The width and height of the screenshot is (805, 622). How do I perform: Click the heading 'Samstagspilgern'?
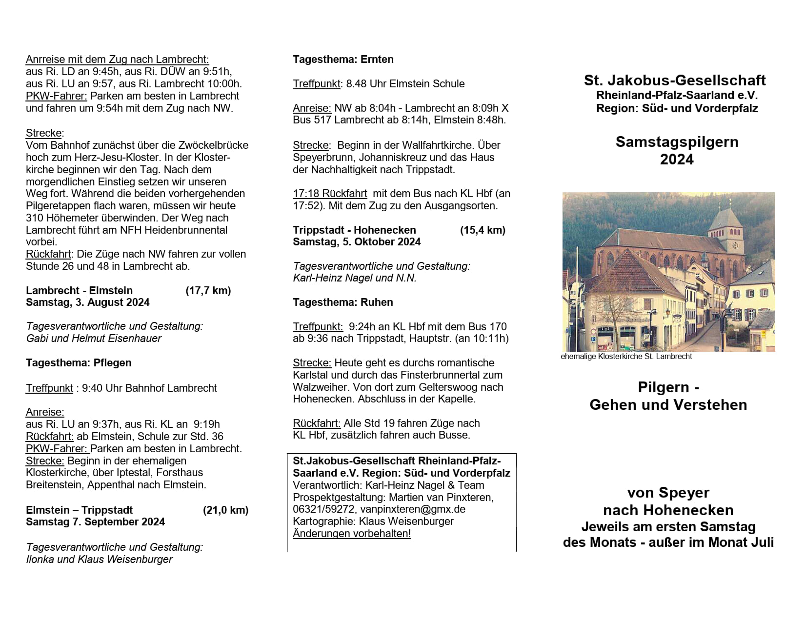click(677, 142)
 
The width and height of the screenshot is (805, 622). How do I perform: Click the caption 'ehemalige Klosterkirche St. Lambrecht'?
click(626, 357)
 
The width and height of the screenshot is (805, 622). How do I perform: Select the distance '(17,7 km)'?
click(208, 291)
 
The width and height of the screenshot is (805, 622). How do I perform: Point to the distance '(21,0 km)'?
click(225, 510)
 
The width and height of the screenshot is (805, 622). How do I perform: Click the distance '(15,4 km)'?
click(483, 230)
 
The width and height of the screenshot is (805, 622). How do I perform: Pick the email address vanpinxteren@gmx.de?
click(413, 509)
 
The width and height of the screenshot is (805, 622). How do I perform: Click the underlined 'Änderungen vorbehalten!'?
click(352, 534)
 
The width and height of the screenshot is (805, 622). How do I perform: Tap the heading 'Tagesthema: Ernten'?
click(343, 60)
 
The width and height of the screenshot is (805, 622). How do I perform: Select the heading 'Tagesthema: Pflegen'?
click(79, 363)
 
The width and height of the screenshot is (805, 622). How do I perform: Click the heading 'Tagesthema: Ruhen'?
click(342, 302)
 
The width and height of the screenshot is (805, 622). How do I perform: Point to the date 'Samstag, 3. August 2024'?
click(88, 302)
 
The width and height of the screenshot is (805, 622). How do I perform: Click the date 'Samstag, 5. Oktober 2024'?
click(357, 242)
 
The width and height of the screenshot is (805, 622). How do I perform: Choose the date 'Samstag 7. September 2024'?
click(95, 522)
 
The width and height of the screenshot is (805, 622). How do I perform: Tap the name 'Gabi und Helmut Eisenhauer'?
click(94, 339)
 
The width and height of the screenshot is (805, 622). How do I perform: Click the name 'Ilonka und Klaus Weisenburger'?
click(99, 560)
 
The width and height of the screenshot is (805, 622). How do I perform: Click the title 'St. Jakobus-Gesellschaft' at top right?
click(675, 80)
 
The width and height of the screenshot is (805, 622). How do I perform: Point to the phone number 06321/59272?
click(324, 509)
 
